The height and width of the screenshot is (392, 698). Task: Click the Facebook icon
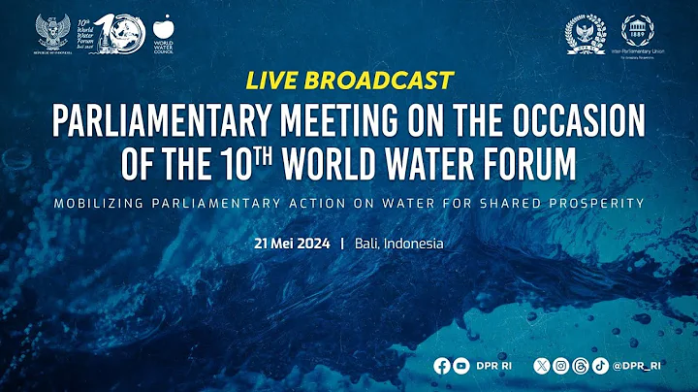click(x=442, y=366)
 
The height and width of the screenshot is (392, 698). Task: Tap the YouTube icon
click(x=462, y=366)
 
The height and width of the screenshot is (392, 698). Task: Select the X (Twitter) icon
click(x=540, y=366)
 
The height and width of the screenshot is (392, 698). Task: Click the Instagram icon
click(x=560, y=366)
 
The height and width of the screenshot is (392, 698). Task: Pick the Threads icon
click(x=580, y=366)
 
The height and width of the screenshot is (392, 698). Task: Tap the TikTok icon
click(x=600, y=366)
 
